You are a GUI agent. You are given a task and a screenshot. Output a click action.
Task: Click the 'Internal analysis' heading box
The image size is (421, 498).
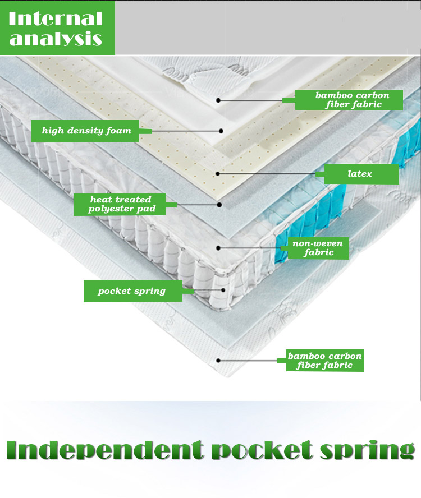click(x=57, y=27)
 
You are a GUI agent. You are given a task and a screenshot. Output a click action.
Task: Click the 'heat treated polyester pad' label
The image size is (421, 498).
click(x=120, y=204)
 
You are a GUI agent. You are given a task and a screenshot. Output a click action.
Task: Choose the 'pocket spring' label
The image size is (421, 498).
click(x=132, y=291)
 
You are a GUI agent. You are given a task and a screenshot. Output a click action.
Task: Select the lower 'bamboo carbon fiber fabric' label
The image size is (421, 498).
click(x=325, y=361)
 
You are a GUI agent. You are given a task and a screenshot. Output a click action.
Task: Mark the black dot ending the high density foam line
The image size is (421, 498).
click(x=221, y=131)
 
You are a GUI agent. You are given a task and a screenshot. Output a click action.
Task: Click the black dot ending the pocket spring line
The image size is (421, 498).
click(x=223, y=290)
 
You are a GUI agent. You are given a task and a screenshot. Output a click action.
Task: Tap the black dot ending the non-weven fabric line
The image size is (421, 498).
click(x=218, y=247)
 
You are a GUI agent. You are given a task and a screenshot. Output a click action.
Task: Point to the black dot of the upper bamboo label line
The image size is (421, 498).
click(x=218, y=100)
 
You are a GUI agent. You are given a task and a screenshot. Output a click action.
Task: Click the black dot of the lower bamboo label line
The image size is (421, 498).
click(x=218, y=361)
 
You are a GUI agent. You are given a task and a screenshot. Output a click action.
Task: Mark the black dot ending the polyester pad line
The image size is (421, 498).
click(x=220, y=205)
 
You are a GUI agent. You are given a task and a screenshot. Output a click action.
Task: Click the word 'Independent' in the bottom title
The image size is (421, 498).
click(x=104, y=451)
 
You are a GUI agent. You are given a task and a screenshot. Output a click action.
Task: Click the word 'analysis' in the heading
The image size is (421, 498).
click(x=56, y=39)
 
